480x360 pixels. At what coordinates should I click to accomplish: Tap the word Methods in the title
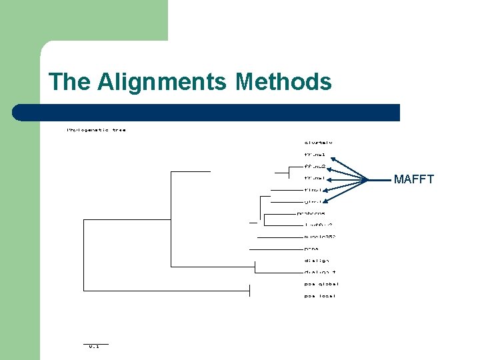click(x=283, y=82)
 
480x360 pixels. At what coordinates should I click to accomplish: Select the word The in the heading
click(x=70, y=82)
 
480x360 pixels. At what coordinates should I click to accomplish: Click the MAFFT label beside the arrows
click(x=413, y=179)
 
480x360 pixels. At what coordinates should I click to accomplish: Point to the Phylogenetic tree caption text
click(x=96, y=130)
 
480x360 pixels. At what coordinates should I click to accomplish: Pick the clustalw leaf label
click(x=318, y=142)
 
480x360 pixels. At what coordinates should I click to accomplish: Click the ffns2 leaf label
click(x=314, y=166)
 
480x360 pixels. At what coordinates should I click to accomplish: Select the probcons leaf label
click(x=311, y=213)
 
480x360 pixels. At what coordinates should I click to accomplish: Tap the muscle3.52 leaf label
click(x=320, y=237)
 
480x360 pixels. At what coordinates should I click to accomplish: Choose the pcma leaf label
click(x=311, y=249)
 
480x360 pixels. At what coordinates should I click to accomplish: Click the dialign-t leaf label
click(x=320, y=272)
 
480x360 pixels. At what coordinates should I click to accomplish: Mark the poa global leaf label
click(x=321, y=284)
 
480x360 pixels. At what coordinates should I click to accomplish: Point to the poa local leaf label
click(x=320, y=296)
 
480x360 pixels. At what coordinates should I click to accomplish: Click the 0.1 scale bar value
click(x=94, y=347)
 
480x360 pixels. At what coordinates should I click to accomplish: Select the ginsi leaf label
click(x=313, y=201)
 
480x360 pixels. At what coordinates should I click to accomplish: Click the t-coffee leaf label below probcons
click(x=318, y=225)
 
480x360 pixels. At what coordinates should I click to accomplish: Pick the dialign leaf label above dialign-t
click(x=317, y=261)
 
